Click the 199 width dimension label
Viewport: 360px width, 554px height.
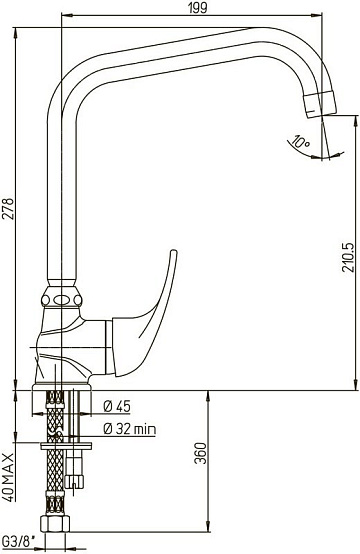pos(197,7)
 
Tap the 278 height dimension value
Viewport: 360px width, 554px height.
pos(8,209)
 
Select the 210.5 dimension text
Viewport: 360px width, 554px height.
pos(348,257)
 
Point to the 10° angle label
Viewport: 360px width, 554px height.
pos(301,143)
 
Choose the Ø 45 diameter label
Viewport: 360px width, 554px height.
pos(117,407)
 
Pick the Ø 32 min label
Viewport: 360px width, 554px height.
pos(129,429)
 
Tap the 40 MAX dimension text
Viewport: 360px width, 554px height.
pos(8,477)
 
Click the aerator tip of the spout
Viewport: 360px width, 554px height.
pos(321,105)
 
